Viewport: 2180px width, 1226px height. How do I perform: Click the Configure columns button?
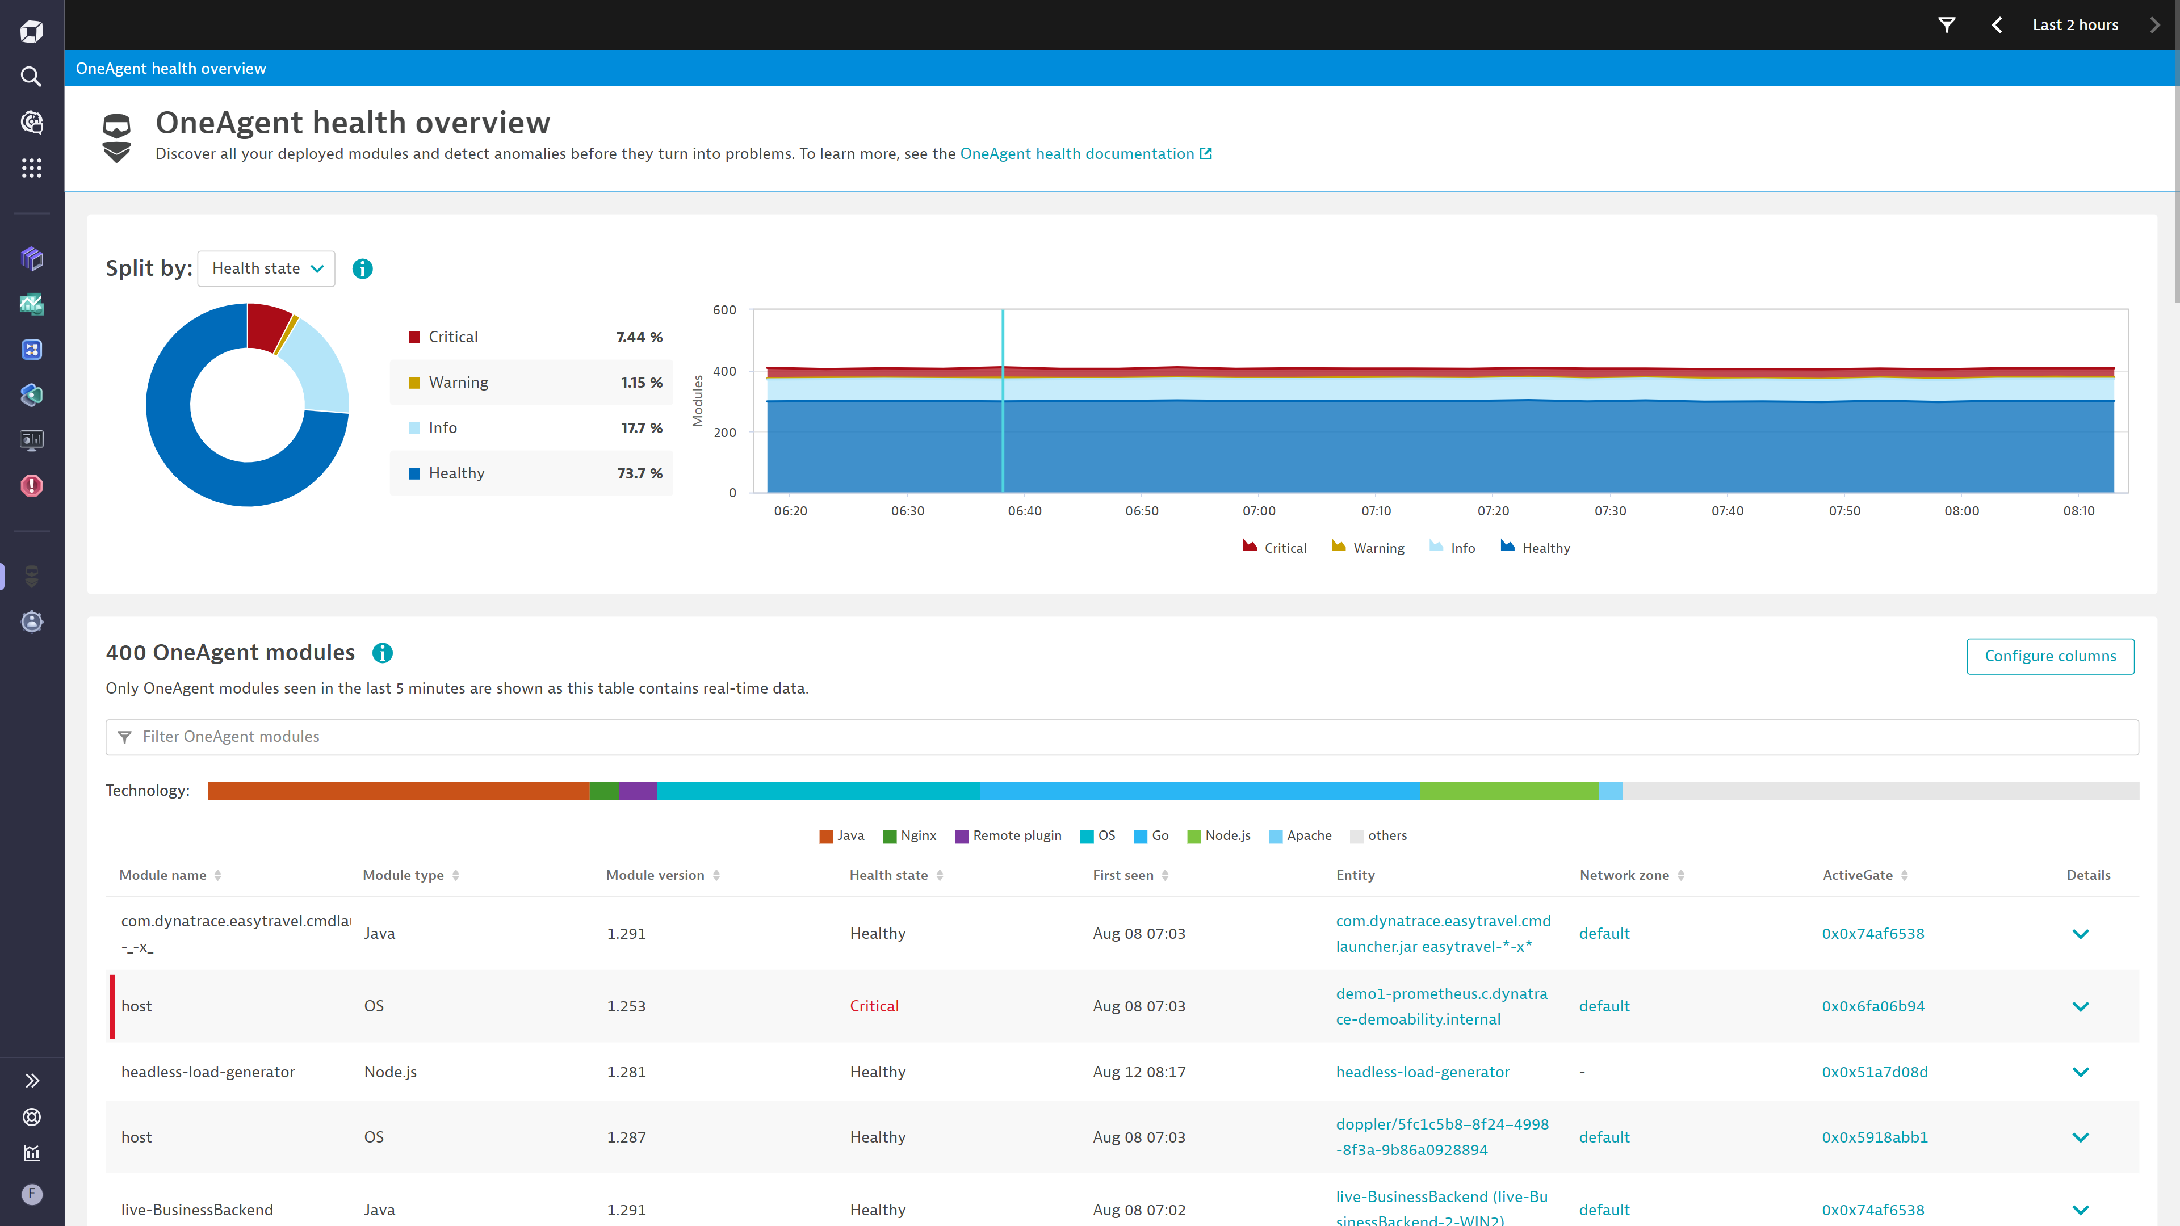2049,656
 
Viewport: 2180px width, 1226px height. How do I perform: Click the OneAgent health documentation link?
1076,153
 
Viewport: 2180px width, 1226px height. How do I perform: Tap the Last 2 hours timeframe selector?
2074,24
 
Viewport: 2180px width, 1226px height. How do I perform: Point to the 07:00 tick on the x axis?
1259,511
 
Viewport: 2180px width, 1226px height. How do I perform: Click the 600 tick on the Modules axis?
724,310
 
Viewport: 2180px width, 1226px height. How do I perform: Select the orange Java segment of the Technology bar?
398,790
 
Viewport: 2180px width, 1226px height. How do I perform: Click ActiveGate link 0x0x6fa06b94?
1873,1006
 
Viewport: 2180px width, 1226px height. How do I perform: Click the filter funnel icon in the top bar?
1947,24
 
